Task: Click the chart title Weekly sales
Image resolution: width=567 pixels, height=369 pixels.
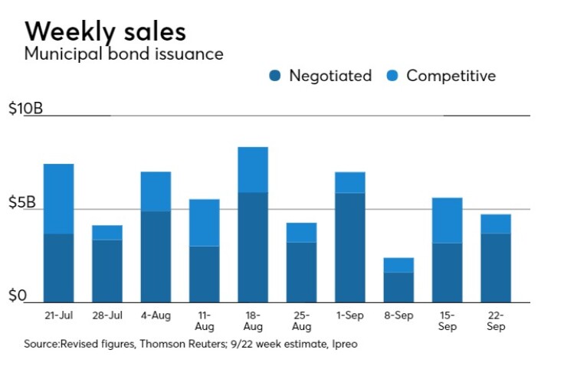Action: pos(105,31)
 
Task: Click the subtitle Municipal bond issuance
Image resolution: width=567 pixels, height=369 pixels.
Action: pos(124,54)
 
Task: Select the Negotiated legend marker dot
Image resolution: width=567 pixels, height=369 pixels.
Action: pos(275,76)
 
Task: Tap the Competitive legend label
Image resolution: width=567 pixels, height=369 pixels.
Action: pos(451,76)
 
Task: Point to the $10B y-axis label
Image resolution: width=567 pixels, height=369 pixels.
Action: pos(25,109)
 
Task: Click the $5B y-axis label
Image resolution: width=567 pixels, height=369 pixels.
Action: pos(22,203)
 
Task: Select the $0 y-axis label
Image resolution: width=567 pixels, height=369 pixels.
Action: pos(18,296)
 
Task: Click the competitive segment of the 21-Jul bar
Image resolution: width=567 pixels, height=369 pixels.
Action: pos(58,198)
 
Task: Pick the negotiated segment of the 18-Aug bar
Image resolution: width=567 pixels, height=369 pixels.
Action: pos(253,247)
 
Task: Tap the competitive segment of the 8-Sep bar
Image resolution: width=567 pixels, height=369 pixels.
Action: pos(398,265)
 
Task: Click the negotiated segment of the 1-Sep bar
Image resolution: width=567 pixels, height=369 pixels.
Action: pos(349,247)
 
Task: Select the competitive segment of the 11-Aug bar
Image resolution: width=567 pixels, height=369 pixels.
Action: pos(205,222)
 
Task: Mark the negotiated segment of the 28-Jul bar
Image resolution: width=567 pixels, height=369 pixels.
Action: pos(107,271)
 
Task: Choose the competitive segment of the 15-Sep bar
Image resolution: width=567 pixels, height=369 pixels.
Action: pos(447,220)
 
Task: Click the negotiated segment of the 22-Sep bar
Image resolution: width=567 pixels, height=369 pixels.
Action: pos(496,267)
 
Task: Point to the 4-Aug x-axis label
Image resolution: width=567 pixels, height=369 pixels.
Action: pos(156,315)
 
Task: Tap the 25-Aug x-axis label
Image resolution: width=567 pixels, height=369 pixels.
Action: pos(300,320)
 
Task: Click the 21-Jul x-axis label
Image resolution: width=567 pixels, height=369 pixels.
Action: pos(58,315)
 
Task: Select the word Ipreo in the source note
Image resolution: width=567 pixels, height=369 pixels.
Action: pos(344,344)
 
